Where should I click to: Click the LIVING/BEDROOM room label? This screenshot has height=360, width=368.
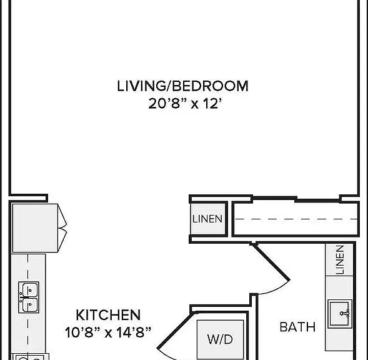pyautogui.click(x=182, y=86)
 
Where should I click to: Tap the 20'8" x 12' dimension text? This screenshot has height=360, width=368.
pyautogui.click(x=185, y=103)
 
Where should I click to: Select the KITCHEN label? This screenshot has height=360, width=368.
pyautogui.click(x=108, y=315)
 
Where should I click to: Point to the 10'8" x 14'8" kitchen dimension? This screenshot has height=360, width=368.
pyautogui.click(x=107, y=332)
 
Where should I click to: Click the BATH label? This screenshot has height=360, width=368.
pyautogui.click(x=297, y=327)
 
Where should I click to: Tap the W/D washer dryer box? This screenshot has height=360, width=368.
pyautogui.click(x=220, y=339)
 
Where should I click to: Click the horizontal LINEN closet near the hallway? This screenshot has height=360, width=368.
pyautogui.click(x=207, y=219)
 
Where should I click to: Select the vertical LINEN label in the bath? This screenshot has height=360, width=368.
pyautogui.click(x=340, y=259)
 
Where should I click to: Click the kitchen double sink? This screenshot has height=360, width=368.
pyautogui.click(x=29, y=297)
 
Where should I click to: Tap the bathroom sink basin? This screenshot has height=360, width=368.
pyautogui.click(x=340, y=314)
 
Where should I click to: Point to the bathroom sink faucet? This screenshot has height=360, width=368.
pyautogui.click(x=345, y=313)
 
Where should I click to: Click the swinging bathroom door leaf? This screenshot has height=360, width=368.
pyautogui.click(x=271, y=262)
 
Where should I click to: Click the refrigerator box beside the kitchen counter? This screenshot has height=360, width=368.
pyautogui.click(x=35, y=228)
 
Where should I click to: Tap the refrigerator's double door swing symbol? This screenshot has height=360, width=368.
pyautogui.click(x=62, y=228)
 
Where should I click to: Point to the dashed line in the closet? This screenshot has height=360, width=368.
pyautogui.click(x=296, y=219)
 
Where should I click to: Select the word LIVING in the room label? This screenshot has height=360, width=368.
pyautogui.click(x=141, y=86)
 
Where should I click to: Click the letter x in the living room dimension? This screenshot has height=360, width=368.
pyautogui.click(x=194, y=104)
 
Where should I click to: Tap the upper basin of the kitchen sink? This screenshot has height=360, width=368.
pyautogui.click(x=29, y=289)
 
